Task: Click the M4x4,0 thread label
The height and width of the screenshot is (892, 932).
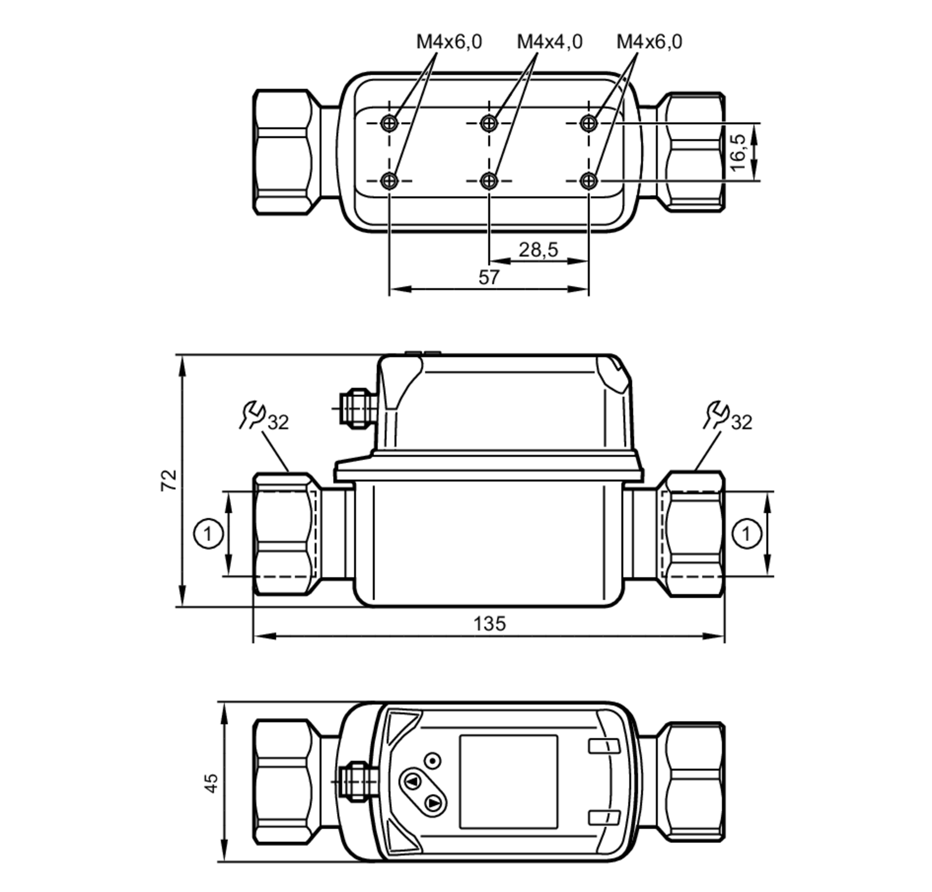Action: (549, 42)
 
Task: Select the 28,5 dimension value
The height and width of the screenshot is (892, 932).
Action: (538, 249)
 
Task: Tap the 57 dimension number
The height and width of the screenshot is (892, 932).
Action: (488, 277)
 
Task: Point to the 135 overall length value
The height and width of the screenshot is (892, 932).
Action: (489, 623)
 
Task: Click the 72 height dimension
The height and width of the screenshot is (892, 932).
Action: (169, 480)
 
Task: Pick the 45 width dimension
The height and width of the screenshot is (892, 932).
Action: (211, 782)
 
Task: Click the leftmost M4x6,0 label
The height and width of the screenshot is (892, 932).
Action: (449, 42)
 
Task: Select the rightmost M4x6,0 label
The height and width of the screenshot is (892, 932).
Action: (649, 42)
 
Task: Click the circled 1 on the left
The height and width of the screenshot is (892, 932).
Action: (208, 533)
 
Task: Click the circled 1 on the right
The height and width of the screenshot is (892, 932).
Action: (746, 533)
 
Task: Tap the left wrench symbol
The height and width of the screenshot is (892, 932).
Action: (253, 414)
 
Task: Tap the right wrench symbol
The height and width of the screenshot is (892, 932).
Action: (716, 414)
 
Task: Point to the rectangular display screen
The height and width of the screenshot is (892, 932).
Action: (508, 781)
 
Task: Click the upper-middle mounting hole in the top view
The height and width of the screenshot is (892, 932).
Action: (488, 124)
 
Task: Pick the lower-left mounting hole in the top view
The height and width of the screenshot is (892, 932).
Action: (389, 180)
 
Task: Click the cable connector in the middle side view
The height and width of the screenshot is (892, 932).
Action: (356, 408)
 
